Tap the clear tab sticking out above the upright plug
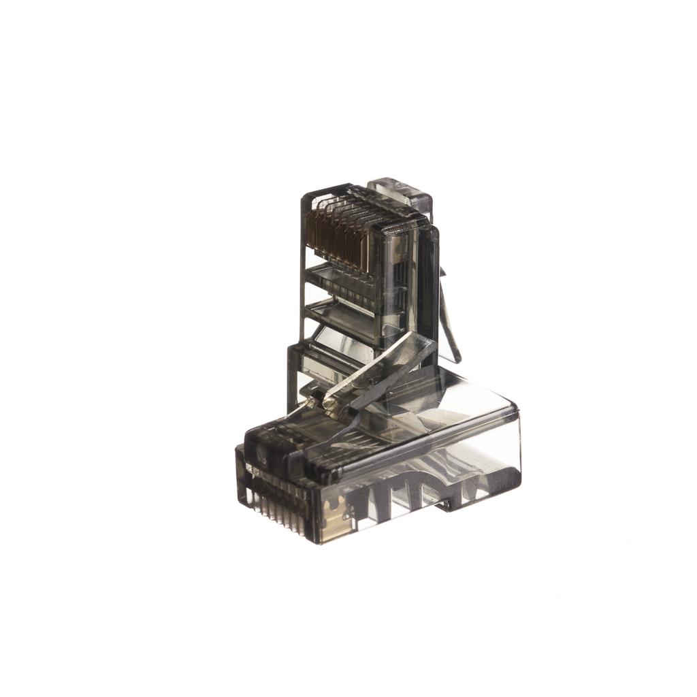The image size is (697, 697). pos(400,191)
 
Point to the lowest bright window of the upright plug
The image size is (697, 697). pos(334,361)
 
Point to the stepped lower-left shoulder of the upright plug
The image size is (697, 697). pos(293,354)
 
